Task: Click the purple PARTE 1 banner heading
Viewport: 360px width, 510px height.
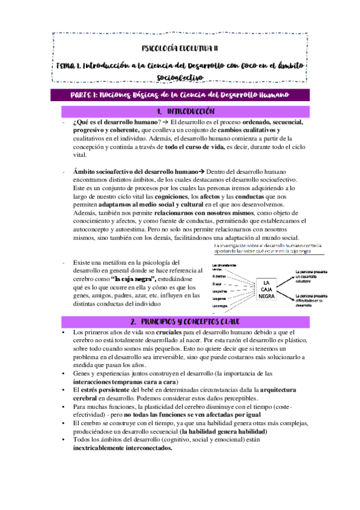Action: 180,96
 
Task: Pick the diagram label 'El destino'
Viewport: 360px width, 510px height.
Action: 219,275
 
